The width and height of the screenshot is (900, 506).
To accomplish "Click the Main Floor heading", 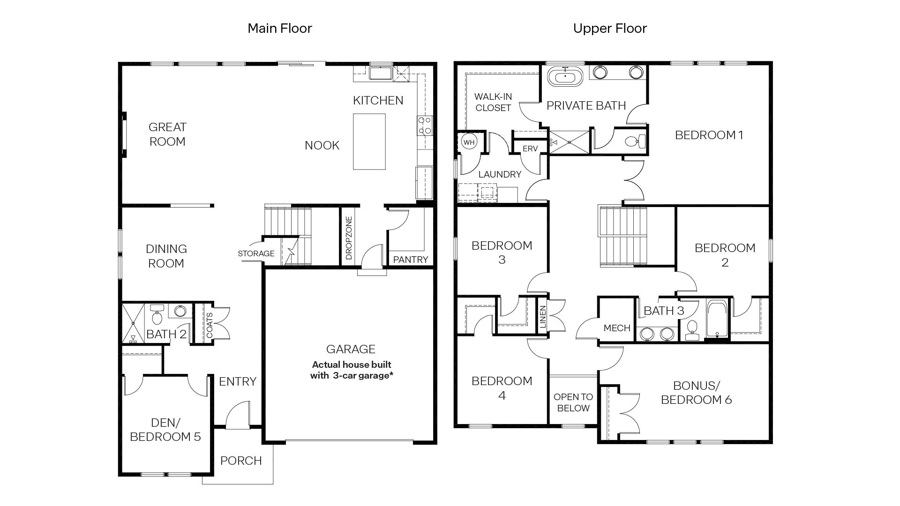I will coord(279,29).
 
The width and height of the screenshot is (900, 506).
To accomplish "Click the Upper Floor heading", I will coord(609,29).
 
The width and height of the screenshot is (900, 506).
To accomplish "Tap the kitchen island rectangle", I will coord(369,141).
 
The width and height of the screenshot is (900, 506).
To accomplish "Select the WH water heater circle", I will coord(469,142).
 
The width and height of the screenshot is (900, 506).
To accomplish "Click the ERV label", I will coord(530,149).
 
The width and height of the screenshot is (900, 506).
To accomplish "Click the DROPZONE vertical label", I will coord(349,238).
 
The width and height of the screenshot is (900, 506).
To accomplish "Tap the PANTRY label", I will coord(410,260).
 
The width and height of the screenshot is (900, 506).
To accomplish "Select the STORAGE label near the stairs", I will coord(256,253).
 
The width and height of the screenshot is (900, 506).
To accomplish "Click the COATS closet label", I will coord(210,325).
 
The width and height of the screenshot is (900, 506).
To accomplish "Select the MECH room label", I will coord(616,328).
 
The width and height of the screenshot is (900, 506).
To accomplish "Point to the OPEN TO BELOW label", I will coord(573,402).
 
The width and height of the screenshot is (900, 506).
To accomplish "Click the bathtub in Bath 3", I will coord(716,319).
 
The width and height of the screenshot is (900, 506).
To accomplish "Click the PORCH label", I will coord(241,461).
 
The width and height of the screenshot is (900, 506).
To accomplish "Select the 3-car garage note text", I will coord(351,370).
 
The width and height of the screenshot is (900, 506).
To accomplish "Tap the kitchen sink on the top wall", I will coord(380,74).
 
